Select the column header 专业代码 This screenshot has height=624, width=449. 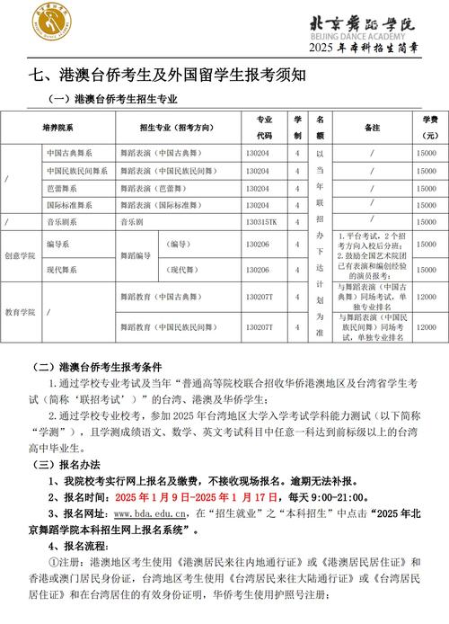[264, 127]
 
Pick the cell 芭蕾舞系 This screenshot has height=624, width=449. [62, 188]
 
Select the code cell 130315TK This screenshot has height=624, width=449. [262, 220]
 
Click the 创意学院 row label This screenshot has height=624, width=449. [20, 255]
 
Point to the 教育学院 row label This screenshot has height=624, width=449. [20, 311]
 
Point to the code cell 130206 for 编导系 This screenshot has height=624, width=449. [258, 244]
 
